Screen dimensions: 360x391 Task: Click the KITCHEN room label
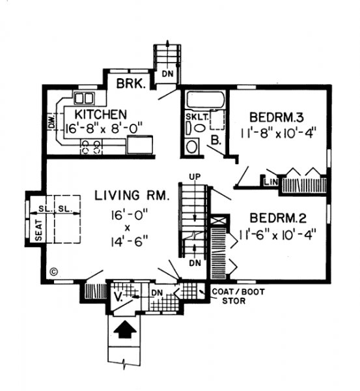click(101, 115)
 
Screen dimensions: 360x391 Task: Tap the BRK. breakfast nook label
click(131, 83)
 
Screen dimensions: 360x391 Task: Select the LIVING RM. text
click(132, 195)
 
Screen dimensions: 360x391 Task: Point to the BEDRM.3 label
click(277, 117)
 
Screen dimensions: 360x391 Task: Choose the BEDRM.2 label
click(278, 218)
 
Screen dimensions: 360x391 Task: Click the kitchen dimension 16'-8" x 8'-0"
click(104, 128)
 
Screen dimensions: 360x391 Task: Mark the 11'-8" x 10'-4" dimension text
click(278, 133)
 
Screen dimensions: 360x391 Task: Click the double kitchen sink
click(84, 98)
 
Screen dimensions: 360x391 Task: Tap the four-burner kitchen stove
click(91, 147)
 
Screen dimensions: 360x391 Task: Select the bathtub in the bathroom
click(206, 100)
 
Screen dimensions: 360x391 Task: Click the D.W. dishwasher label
click(51, 122)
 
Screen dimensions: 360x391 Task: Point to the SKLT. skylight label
click(197, 117)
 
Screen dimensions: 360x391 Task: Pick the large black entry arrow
click(125, 329)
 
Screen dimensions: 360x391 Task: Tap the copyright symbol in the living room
click(54, 272)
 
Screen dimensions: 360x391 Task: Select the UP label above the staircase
click(195, 177)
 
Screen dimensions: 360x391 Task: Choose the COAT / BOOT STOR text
click(238, 297)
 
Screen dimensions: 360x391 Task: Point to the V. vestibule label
click(118, 297)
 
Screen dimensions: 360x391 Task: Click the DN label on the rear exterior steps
click(168, 74)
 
